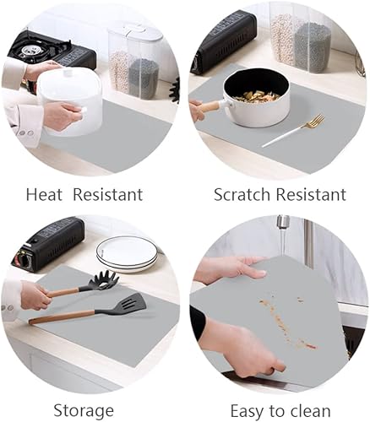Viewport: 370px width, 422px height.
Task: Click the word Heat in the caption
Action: [x=45, y=195]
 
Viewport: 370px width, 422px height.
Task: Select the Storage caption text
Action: [x=83, y=411]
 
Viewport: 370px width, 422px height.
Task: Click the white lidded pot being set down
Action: [x=69, y=100]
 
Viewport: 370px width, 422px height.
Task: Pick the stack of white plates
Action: [x=126, y=252]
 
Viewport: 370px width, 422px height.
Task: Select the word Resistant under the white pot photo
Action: [x=107, y=195]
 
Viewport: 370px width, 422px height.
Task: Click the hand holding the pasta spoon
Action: [x=34, y=295]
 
